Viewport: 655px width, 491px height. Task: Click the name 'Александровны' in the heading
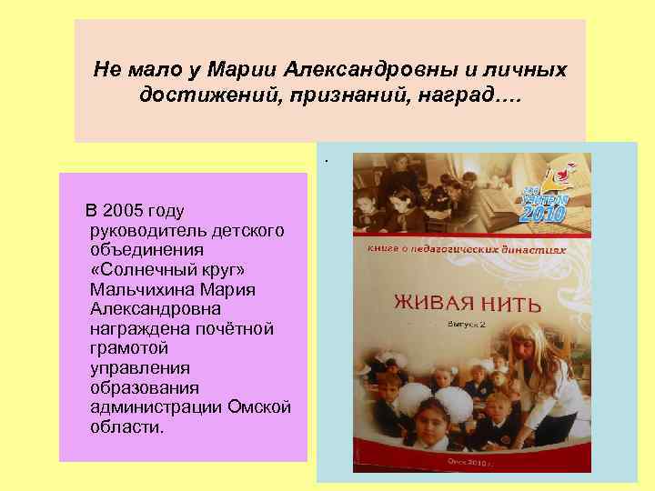point(358,69)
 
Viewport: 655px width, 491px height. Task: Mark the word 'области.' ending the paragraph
point(127,426)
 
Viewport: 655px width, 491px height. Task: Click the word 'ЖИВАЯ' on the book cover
point(432,301)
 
